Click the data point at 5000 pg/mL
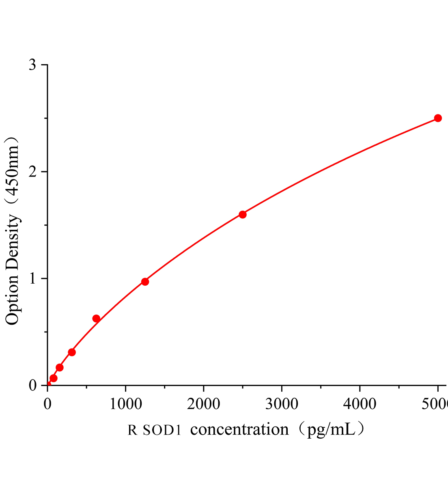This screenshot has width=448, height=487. (x=438, y=118)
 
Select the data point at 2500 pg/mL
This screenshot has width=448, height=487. (x=243, y=214)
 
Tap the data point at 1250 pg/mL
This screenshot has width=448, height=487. (x=145, y=282)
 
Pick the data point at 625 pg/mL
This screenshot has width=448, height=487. (x=96, y=319)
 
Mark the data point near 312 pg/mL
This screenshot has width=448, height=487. (x=72, y=352)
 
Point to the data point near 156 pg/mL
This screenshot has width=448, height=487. (x=60, y=368)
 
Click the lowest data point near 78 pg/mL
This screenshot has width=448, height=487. (x=54, y=378)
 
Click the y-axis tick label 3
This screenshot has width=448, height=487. (x=33, y=65)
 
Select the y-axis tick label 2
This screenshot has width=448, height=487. (x=33, y=172)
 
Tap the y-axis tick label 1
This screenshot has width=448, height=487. (x=33, y=278)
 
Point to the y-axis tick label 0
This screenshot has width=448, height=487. (x=33, y=385)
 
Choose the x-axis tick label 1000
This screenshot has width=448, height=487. (x=125, y=404)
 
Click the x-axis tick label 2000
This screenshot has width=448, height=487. (x=204, y=404)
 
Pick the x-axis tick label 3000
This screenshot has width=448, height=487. (x=282, y=404)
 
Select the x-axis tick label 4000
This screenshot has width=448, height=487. (x=360, y=404)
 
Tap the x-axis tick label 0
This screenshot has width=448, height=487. (x=47, y=404)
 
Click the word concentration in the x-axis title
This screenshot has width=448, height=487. (x=239, y=429)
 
